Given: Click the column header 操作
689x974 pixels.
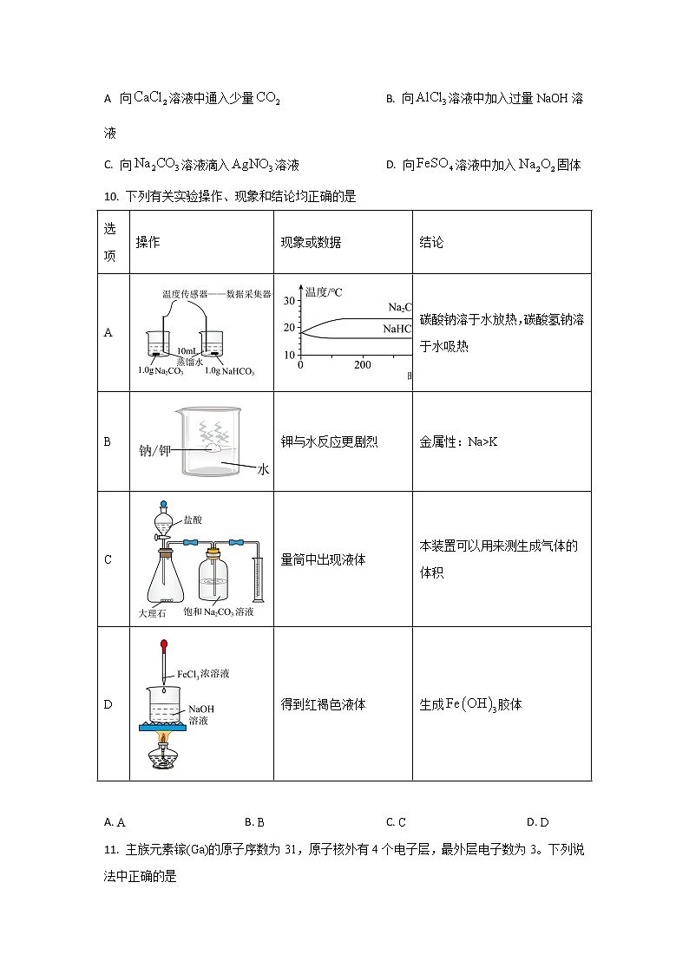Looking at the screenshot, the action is [148, 243].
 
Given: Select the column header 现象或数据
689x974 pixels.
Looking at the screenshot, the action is [311, 243].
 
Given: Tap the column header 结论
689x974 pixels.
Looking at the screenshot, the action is [431, 243].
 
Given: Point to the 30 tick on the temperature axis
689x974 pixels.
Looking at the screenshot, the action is [290, 301].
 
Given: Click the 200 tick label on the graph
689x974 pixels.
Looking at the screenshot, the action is [362, 365].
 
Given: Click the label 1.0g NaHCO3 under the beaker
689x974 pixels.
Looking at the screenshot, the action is [229, 372].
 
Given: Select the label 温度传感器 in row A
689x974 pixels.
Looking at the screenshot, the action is [182, 294].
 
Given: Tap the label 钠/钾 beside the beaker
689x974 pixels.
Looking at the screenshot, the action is [157, 451].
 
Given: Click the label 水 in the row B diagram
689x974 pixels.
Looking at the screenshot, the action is [264, 468].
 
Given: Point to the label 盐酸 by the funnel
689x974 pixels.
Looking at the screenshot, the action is [193, 520].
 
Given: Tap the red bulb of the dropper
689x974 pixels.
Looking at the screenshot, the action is [162, 646].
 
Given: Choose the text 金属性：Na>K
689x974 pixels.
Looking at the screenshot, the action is [458, 442].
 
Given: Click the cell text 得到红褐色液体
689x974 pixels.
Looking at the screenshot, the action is [324, 704].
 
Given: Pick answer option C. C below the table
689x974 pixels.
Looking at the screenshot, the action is [396, 822].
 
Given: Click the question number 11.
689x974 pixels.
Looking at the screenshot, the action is [110, 850].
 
